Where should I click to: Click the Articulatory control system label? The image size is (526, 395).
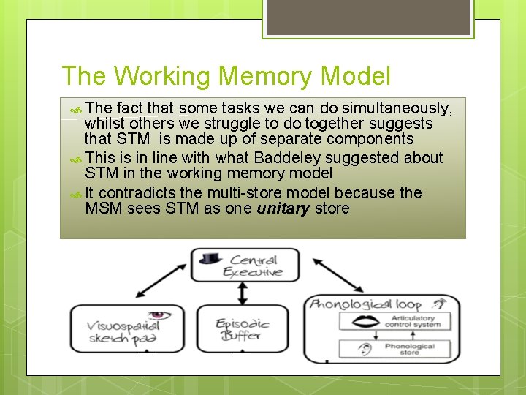click(x=413, y=322)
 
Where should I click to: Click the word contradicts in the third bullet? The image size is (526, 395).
click(x=134, y=192)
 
